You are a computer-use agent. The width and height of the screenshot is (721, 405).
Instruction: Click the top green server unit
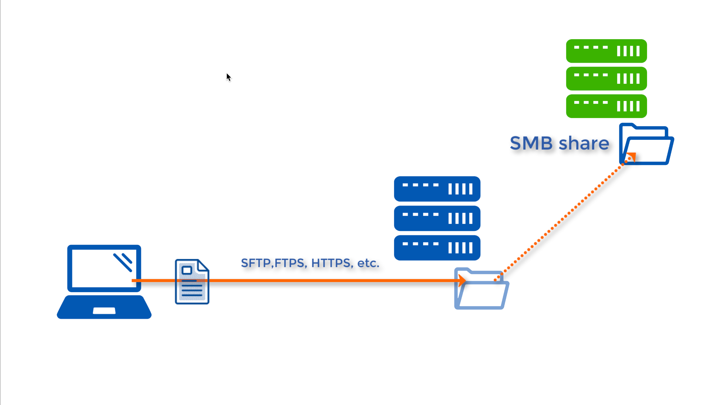606,51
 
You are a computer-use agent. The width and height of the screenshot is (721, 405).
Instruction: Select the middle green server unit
606,79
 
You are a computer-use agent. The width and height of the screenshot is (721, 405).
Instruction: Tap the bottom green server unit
606,106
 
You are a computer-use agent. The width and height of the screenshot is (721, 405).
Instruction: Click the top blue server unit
437,189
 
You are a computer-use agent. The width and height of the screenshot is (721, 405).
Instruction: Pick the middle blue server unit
437,218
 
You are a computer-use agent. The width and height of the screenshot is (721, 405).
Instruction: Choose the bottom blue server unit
437,247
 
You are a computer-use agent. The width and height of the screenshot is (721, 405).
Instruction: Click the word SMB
531,143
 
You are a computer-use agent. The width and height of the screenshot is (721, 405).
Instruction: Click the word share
584,143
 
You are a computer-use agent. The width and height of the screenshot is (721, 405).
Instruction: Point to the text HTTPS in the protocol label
331,263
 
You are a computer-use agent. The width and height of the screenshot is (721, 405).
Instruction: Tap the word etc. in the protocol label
368,263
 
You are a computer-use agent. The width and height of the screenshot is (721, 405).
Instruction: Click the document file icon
192,282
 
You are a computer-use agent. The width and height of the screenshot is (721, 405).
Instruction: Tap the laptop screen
104,268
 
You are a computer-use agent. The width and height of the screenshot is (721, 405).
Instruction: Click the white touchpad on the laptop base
104,311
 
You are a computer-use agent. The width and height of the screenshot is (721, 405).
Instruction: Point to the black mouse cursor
228,77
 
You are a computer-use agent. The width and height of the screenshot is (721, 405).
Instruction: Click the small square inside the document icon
187,270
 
